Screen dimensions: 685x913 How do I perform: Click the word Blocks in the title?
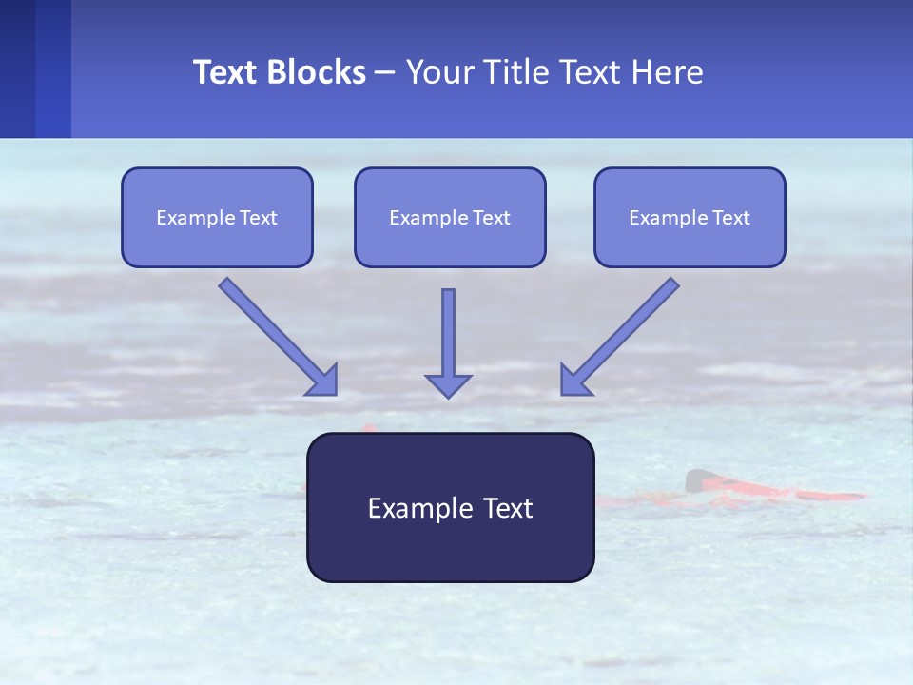[317, 72]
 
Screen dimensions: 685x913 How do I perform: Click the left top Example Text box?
[217, 217]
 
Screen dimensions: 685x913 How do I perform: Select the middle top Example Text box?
[450, 217]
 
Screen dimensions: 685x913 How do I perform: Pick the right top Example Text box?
[690, 217]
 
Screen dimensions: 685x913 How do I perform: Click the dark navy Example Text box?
[450, 507]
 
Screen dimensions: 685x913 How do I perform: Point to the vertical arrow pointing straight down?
[448, 333]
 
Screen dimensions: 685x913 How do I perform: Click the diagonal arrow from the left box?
[271, 330]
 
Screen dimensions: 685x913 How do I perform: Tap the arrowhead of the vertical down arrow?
[448, 384]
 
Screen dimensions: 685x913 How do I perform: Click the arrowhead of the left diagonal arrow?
[324, 382]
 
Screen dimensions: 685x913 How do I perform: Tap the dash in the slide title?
[385, 73]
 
